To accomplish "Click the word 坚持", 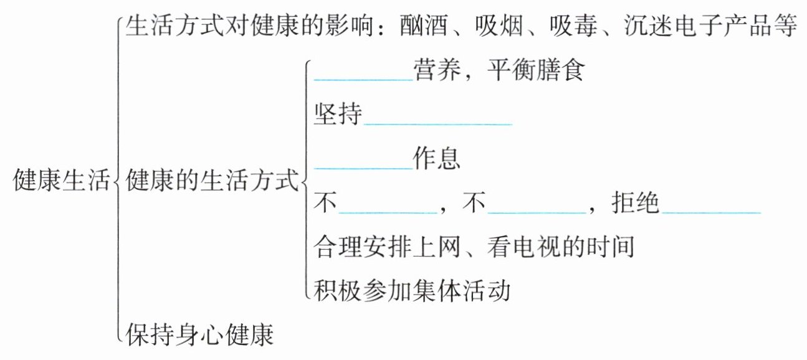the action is (338, 115).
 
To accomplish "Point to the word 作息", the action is (436, 160).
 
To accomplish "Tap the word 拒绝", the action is (636, 204).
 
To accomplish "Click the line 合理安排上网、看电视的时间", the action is (474, 248).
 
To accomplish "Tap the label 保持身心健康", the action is (200, 335).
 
